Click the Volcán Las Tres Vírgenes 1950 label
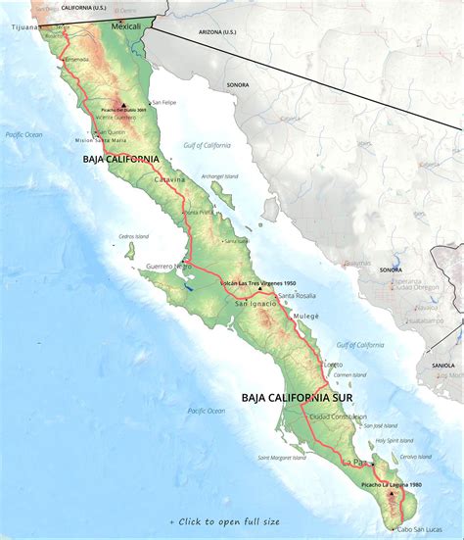click(257, 282)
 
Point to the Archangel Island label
click(219, 176)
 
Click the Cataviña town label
click(169, 179)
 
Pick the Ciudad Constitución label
click(338, 416)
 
